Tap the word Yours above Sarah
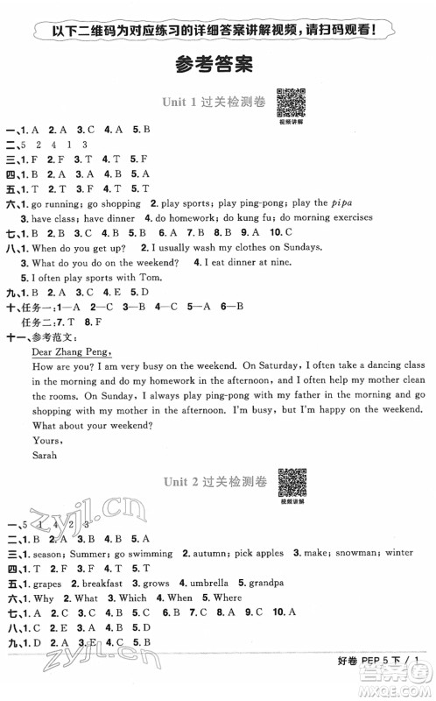tap(45, 441)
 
